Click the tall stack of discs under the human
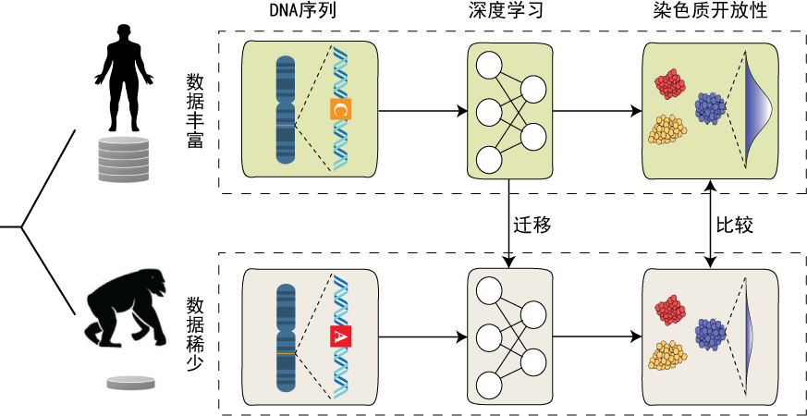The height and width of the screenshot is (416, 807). [124, 159]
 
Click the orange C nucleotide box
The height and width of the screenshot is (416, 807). [340, 111]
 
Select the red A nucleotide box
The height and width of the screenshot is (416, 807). [340, 337]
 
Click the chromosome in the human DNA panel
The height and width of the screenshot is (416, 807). [286, 111]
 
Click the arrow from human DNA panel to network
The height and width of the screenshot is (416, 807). [422, 112]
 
